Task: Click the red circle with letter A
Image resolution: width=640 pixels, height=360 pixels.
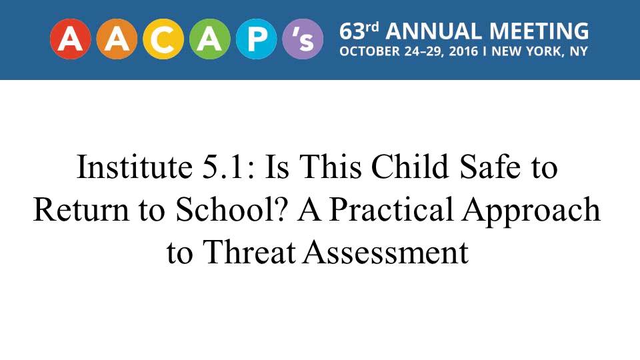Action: pos(71,39)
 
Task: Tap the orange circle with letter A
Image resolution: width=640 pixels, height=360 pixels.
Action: pos(117,39)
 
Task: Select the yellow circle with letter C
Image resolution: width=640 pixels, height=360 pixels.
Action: pos(163,39)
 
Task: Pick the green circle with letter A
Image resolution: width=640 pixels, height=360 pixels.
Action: pos(210,39)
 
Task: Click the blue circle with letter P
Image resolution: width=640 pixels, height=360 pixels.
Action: pos(256,39)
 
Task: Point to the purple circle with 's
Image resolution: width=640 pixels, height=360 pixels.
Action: pos(303,39)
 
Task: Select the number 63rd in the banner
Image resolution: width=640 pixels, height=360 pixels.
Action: pos(359,31)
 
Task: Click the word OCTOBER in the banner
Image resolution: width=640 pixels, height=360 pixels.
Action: pos(370,51)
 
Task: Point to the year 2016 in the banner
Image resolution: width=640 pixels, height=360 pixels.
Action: pos(463,51)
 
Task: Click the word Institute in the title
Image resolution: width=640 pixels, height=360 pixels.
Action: pos(135,167)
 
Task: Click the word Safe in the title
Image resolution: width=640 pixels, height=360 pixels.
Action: pos(490,167)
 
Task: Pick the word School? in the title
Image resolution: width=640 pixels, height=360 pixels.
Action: pos(231,209)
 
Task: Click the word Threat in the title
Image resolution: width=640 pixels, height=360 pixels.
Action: pos(249,252)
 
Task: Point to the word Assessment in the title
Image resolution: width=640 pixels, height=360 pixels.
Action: pos(386,252)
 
